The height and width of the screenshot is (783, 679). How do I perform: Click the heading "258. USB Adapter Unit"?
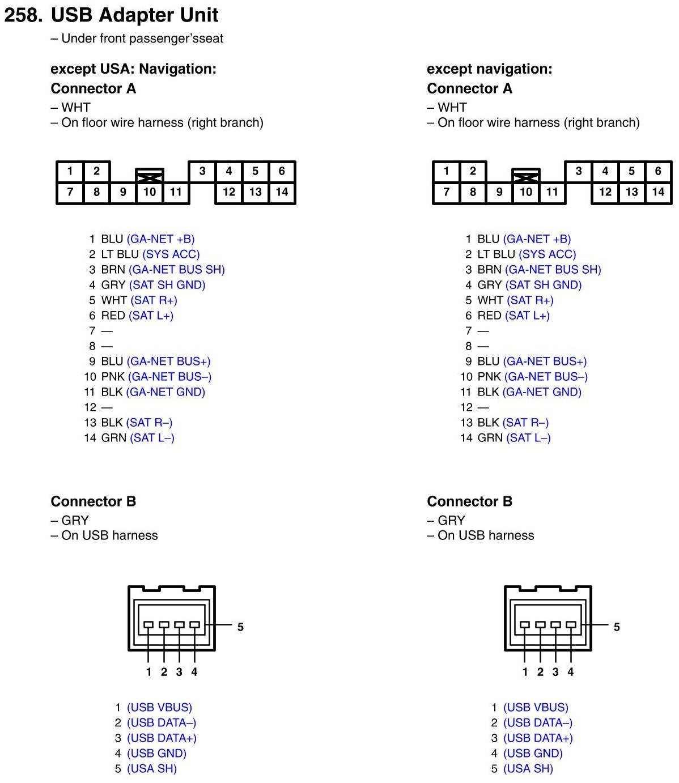point(111,15)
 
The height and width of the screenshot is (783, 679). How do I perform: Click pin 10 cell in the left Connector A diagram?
point(149,192)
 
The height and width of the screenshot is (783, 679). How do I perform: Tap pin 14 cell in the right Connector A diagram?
point(657,192)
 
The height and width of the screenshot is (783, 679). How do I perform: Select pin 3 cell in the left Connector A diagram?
point(202,171)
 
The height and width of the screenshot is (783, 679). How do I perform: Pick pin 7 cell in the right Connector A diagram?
point(446,192)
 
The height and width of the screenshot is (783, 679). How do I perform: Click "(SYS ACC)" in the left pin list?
point(171,254)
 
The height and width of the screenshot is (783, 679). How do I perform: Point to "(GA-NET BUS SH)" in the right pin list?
point(553,270)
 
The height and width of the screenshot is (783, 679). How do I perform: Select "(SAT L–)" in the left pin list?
point(152,438)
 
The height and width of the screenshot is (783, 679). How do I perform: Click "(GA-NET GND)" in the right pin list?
point(542,392)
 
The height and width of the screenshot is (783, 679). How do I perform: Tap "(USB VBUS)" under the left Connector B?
point(159,708)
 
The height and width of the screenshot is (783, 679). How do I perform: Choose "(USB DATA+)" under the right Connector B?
point(538,738)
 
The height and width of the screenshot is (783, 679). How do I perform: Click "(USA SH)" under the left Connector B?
point(152,769)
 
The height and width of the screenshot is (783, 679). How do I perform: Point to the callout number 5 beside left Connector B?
point(240,627)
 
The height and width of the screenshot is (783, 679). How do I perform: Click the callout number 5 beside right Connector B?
point(617,627)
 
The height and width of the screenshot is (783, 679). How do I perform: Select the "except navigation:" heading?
point(489,69)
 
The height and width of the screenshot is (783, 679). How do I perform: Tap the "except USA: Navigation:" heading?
point(133,69)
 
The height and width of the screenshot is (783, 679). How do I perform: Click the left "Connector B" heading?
point(94,501)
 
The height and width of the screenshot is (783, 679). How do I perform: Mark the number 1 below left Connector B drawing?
point(148,672)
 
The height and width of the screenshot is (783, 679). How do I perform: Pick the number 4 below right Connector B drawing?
point(570,672)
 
